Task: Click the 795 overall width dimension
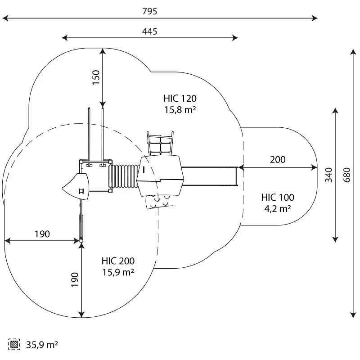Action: click(150, 11)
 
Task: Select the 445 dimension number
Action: click(150, 31)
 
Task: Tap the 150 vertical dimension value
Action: click(96, 77)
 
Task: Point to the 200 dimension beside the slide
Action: click(278, 160)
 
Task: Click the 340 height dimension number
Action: click(328, 175)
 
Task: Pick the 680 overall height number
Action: click(346, 175)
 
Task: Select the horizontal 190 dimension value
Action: click(42, 234)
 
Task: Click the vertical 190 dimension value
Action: click(75, 279)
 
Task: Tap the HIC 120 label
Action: click(180, 99)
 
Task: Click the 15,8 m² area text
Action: click(180, 110)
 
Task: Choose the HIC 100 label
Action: click(278, 198)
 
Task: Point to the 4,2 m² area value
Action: click(278, 209)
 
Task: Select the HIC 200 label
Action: click(118, 261)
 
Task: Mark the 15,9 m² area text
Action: click(118, 272)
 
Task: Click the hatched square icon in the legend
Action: click(14, 344)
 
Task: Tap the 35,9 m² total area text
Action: click(42, 345)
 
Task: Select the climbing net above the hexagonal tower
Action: click(160, 144)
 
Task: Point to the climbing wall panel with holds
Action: click(159, 201)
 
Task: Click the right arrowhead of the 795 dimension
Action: click(315, 18)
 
